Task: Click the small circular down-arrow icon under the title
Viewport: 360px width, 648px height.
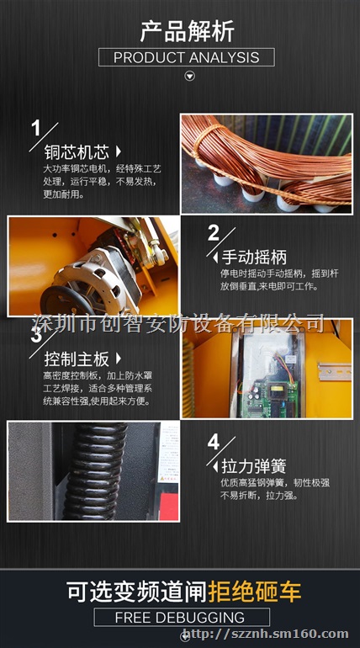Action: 189,77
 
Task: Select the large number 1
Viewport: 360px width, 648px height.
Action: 36,129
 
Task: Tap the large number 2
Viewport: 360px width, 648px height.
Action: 213,233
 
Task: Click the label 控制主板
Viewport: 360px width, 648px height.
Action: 77,359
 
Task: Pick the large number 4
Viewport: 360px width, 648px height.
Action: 213,442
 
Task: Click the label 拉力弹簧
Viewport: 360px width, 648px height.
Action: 253,465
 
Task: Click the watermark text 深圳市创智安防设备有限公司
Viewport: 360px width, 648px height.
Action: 178,323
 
